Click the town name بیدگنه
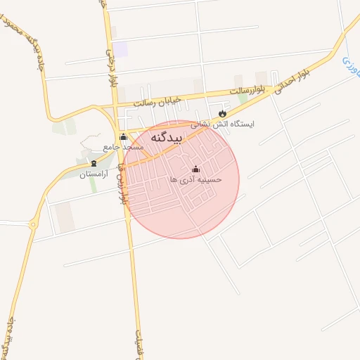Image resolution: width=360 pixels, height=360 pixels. click(x=167, y=138)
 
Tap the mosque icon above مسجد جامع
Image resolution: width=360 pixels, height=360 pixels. click(x=124, y=137)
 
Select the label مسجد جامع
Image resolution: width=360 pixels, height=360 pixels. click(x=124, y=147)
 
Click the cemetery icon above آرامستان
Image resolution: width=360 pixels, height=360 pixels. click(x=94, y=164)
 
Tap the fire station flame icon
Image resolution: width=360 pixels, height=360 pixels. click(x=223, y=113)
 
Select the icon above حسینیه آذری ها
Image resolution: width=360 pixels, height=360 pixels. click(x=195, y=169)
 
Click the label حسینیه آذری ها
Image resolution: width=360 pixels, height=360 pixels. click(x=195, y=179)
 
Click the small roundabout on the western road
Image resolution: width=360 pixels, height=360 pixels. click(x=33, y=224)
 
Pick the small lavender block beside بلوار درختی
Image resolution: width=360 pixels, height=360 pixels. click(x=120, y=49)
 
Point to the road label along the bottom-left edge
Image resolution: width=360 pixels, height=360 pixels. click(x=9, y=341)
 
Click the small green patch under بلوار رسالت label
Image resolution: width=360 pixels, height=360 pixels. click(x=243, y=99)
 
